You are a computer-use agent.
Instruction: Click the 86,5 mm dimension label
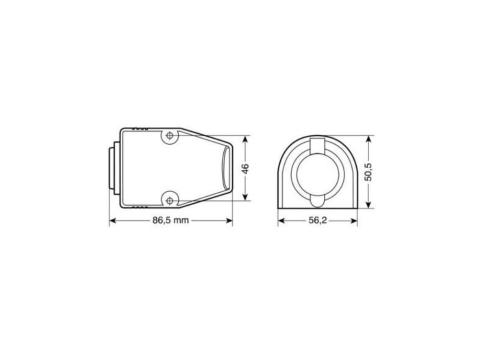(x=171, y=220)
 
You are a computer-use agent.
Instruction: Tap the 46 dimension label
(x=246, y=168)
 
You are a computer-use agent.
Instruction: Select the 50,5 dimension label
(x=368, y=173)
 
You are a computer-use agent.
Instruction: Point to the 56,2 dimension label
(x=317, y=220)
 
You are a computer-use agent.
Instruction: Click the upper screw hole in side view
(x=170, y=136)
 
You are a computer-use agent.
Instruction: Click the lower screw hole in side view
(x=170, y=200)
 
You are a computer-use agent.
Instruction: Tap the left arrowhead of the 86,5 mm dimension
(x=113, y=220)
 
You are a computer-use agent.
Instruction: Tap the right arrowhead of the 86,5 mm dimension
(x=229, y=220)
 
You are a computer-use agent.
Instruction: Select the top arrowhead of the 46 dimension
(x=246, y=139)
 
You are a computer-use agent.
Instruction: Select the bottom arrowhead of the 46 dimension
(x=246, y=197)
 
